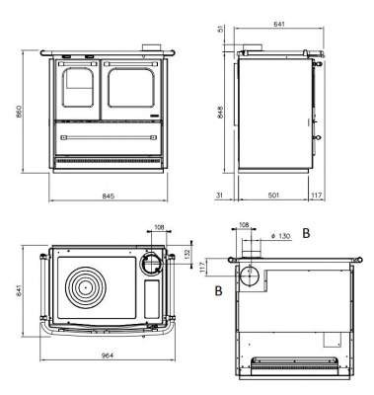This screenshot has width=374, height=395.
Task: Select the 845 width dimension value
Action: (x=108, y=197)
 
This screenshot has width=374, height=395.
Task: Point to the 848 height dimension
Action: (x=220, y=113)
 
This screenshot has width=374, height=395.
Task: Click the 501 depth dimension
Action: (x=273, y=196)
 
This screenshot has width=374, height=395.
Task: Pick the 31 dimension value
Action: (x=219, y=196)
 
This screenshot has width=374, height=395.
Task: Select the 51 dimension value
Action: (x=220, y=29)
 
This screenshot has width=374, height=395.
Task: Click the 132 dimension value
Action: (x=188, y=253)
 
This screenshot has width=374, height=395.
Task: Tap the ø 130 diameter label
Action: (x=280, y=236)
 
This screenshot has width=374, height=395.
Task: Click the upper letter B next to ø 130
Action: (x=306, y=233)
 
